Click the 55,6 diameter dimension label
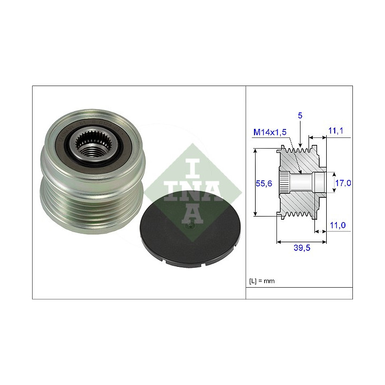(x=264, y=183)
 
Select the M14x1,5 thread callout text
(x=270, y=132)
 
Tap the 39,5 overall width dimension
(x=302, y=248)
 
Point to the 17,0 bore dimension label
(x=343, y=183)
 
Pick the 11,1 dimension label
(x=336, y=131)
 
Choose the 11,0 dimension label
(x=337, y=225)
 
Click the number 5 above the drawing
(x=300, y=115)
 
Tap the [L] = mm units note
(x=261, y=281)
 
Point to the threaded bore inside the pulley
(x=93, y=150)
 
